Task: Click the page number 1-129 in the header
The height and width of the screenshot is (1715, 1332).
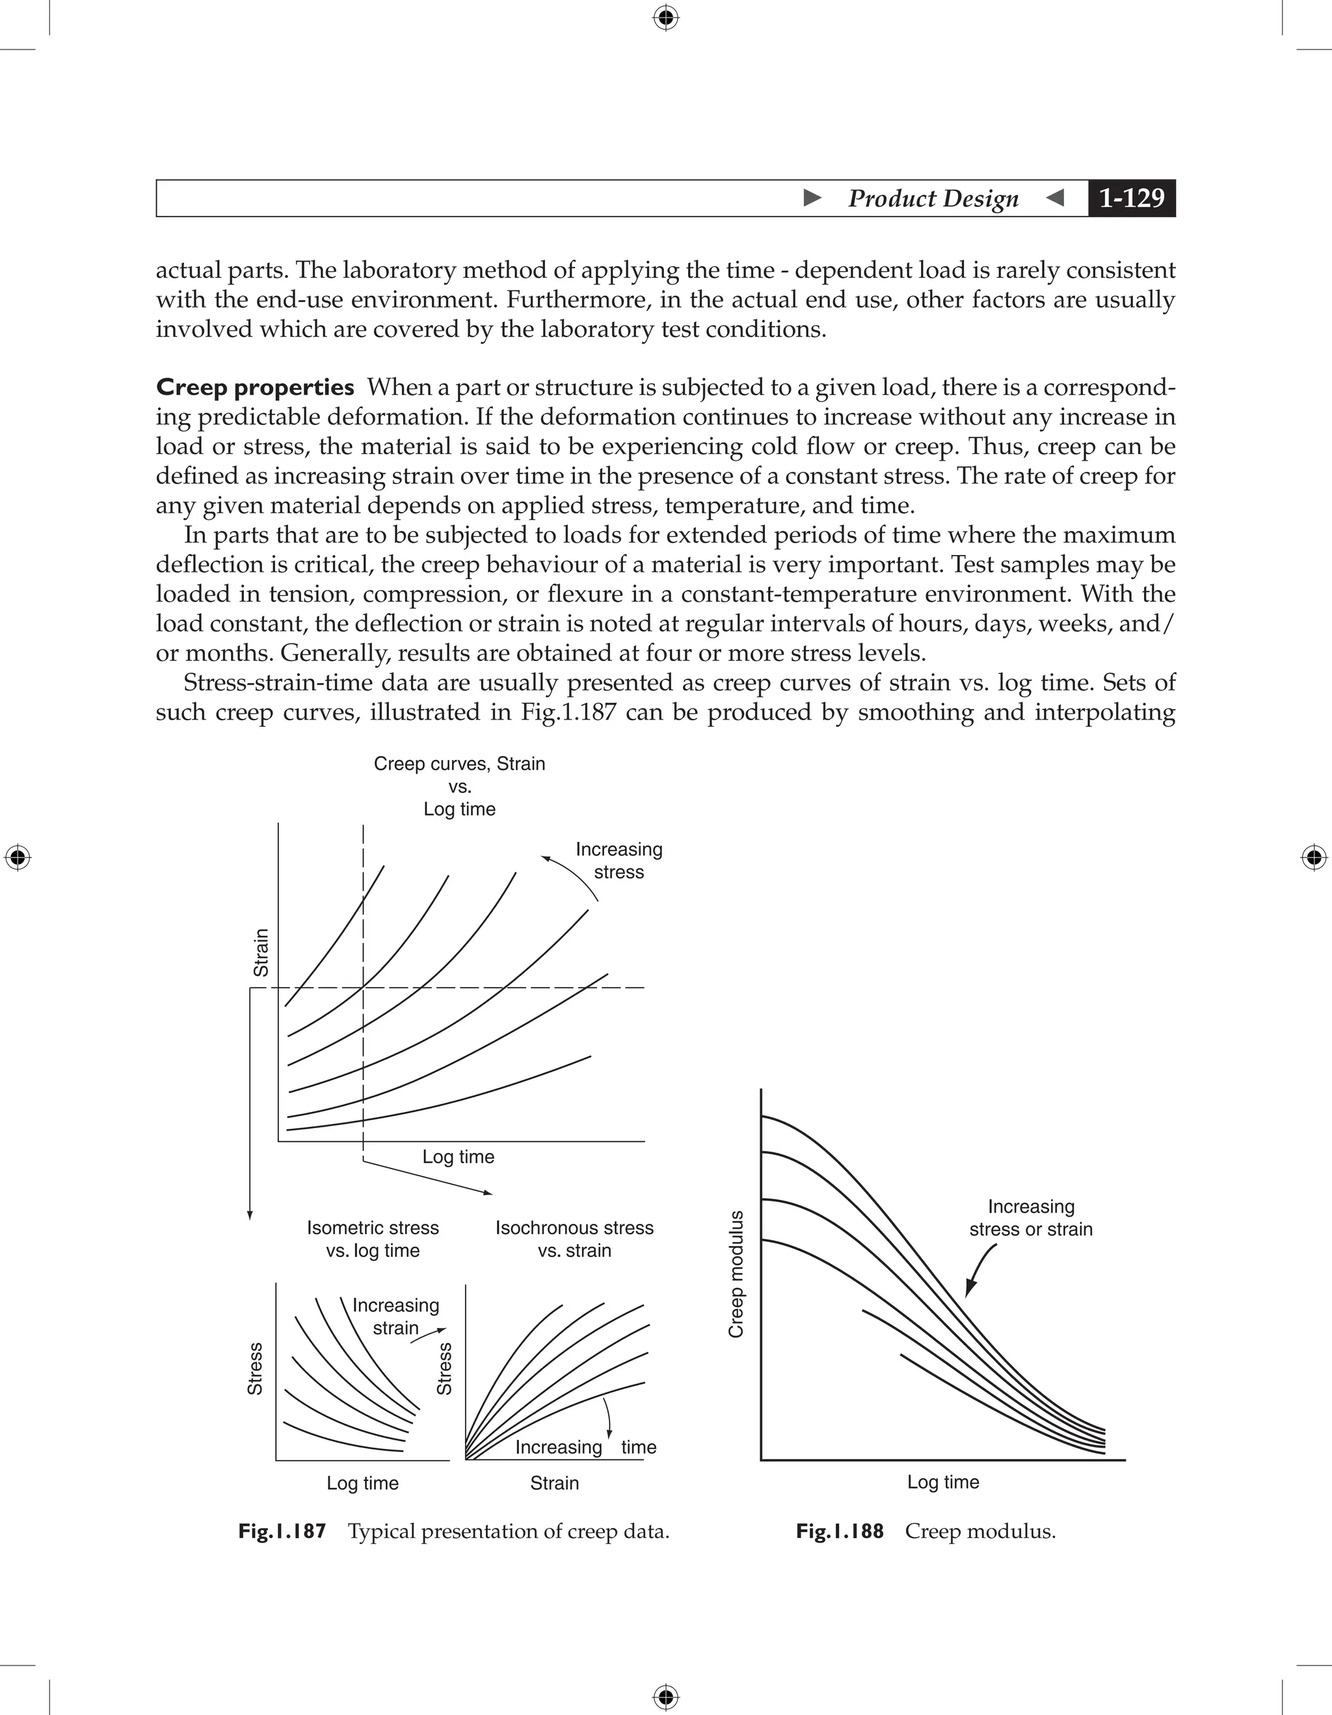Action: pos(1131,198)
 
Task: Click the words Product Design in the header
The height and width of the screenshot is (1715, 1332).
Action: pos(933,198)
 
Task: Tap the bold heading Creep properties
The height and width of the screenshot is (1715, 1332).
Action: pos(255,387)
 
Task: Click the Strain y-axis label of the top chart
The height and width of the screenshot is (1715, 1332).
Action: pos(261,952)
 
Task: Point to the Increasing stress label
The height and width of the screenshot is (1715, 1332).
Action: pos(619,861)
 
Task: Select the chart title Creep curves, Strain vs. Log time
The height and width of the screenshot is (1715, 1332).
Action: pos(459,786)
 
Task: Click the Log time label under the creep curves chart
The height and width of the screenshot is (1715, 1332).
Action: pos(459,1157)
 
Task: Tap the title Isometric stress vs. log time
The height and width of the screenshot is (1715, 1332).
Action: pos(373,1238)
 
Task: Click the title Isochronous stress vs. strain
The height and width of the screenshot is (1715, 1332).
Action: pos(574,1238)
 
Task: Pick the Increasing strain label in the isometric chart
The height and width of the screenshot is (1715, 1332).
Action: pos(395,1316)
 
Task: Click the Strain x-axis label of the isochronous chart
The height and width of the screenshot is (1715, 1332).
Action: pos(554,1483)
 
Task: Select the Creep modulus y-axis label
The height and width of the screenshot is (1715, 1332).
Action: pos(736,1274)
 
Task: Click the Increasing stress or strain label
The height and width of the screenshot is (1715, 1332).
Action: pos(1031,1218)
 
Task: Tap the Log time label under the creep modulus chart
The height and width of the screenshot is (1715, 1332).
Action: pos(942,1482)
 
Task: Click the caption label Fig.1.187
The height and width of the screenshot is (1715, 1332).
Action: pos(282,1532)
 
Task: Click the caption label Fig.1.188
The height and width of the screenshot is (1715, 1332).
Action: pos(839,1532)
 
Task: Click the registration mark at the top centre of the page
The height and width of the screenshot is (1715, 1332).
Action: pos(665,18)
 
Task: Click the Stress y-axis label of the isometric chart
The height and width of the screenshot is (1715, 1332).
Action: pos(255,1369)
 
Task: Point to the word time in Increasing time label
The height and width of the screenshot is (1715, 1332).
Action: pos(638,1447)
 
